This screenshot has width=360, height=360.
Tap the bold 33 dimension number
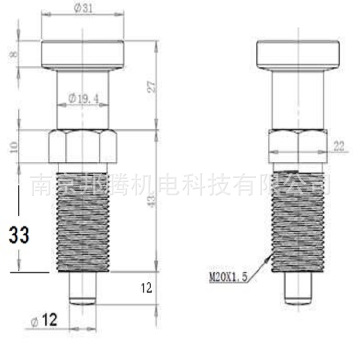point(19,235)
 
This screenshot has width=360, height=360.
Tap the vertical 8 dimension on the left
point(13,54)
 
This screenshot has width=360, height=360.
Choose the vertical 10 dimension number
point(13,147)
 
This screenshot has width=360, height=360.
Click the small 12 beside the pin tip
point(146,288)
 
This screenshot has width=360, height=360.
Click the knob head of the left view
point(83,54)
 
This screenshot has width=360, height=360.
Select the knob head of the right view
point(298,54)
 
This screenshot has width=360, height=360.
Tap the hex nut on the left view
point(83,146)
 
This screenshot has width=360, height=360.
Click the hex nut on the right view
point(298,146)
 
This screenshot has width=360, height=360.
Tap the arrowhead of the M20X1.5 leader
point(269,258)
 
